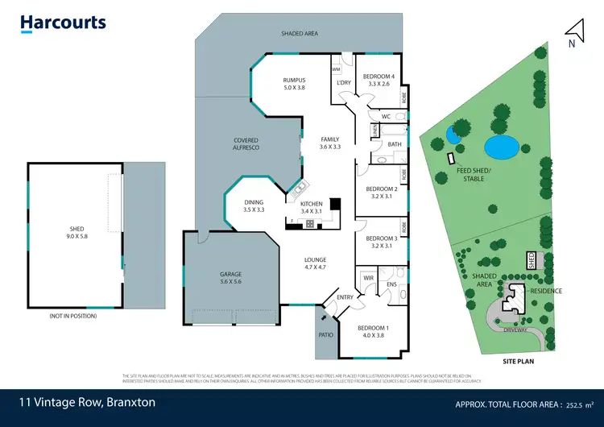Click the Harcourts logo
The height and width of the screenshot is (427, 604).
click(x=63, y=23)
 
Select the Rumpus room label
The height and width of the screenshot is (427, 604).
click(x=294, y=84)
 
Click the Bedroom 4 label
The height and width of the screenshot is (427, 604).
click(x=378, y=79)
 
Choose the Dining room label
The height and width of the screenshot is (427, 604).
click(x=254, y=205)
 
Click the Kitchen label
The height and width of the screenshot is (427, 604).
click(x=312, y=207)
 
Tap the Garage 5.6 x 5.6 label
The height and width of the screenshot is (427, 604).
click(x=231, y=278)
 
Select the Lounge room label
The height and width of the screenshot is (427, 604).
click(x=315, y=263)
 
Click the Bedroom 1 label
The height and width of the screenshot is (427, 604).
click(x=372, y=331)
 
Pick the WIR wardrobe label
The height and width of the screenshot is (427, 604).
click(x=369, y=278)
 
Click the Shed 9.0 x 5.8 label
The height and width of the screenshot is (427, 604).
click(x=77, y=234)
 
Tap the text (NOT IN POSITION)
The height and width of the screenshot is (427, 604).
click(x=72, y=316)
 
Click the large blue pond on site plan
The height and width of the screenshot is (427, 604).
click(x=501, y=147)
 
